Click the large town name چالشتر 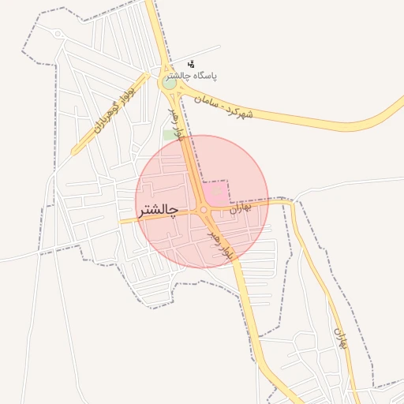(158, 211)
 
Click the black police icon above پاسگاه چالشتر (191, 63)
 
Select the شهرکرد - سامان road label (226, 105)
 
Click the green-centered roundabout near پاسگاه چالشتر (170, 83)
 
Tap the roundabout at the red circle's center (204, 210)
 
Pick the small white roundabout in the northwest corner (59, 34)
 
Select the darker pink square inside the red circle (215, 192)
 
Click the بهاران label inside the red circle (240, 208)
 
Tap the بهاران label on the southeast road (341, 339)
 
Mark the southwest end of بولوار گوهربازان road (74, 151)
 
